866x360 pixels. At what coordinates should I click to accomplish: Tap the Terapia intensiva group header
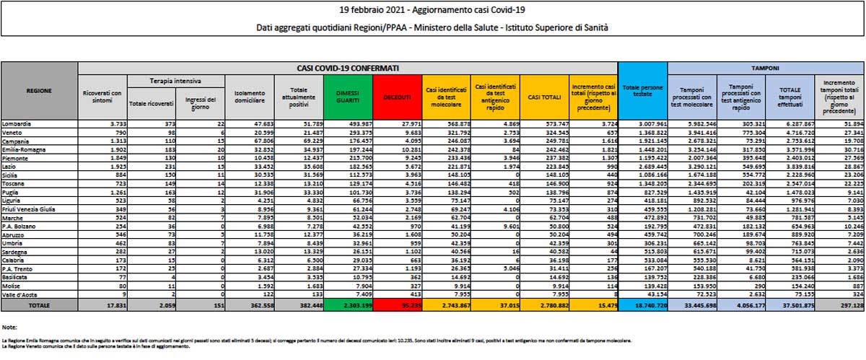point(175,82)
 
